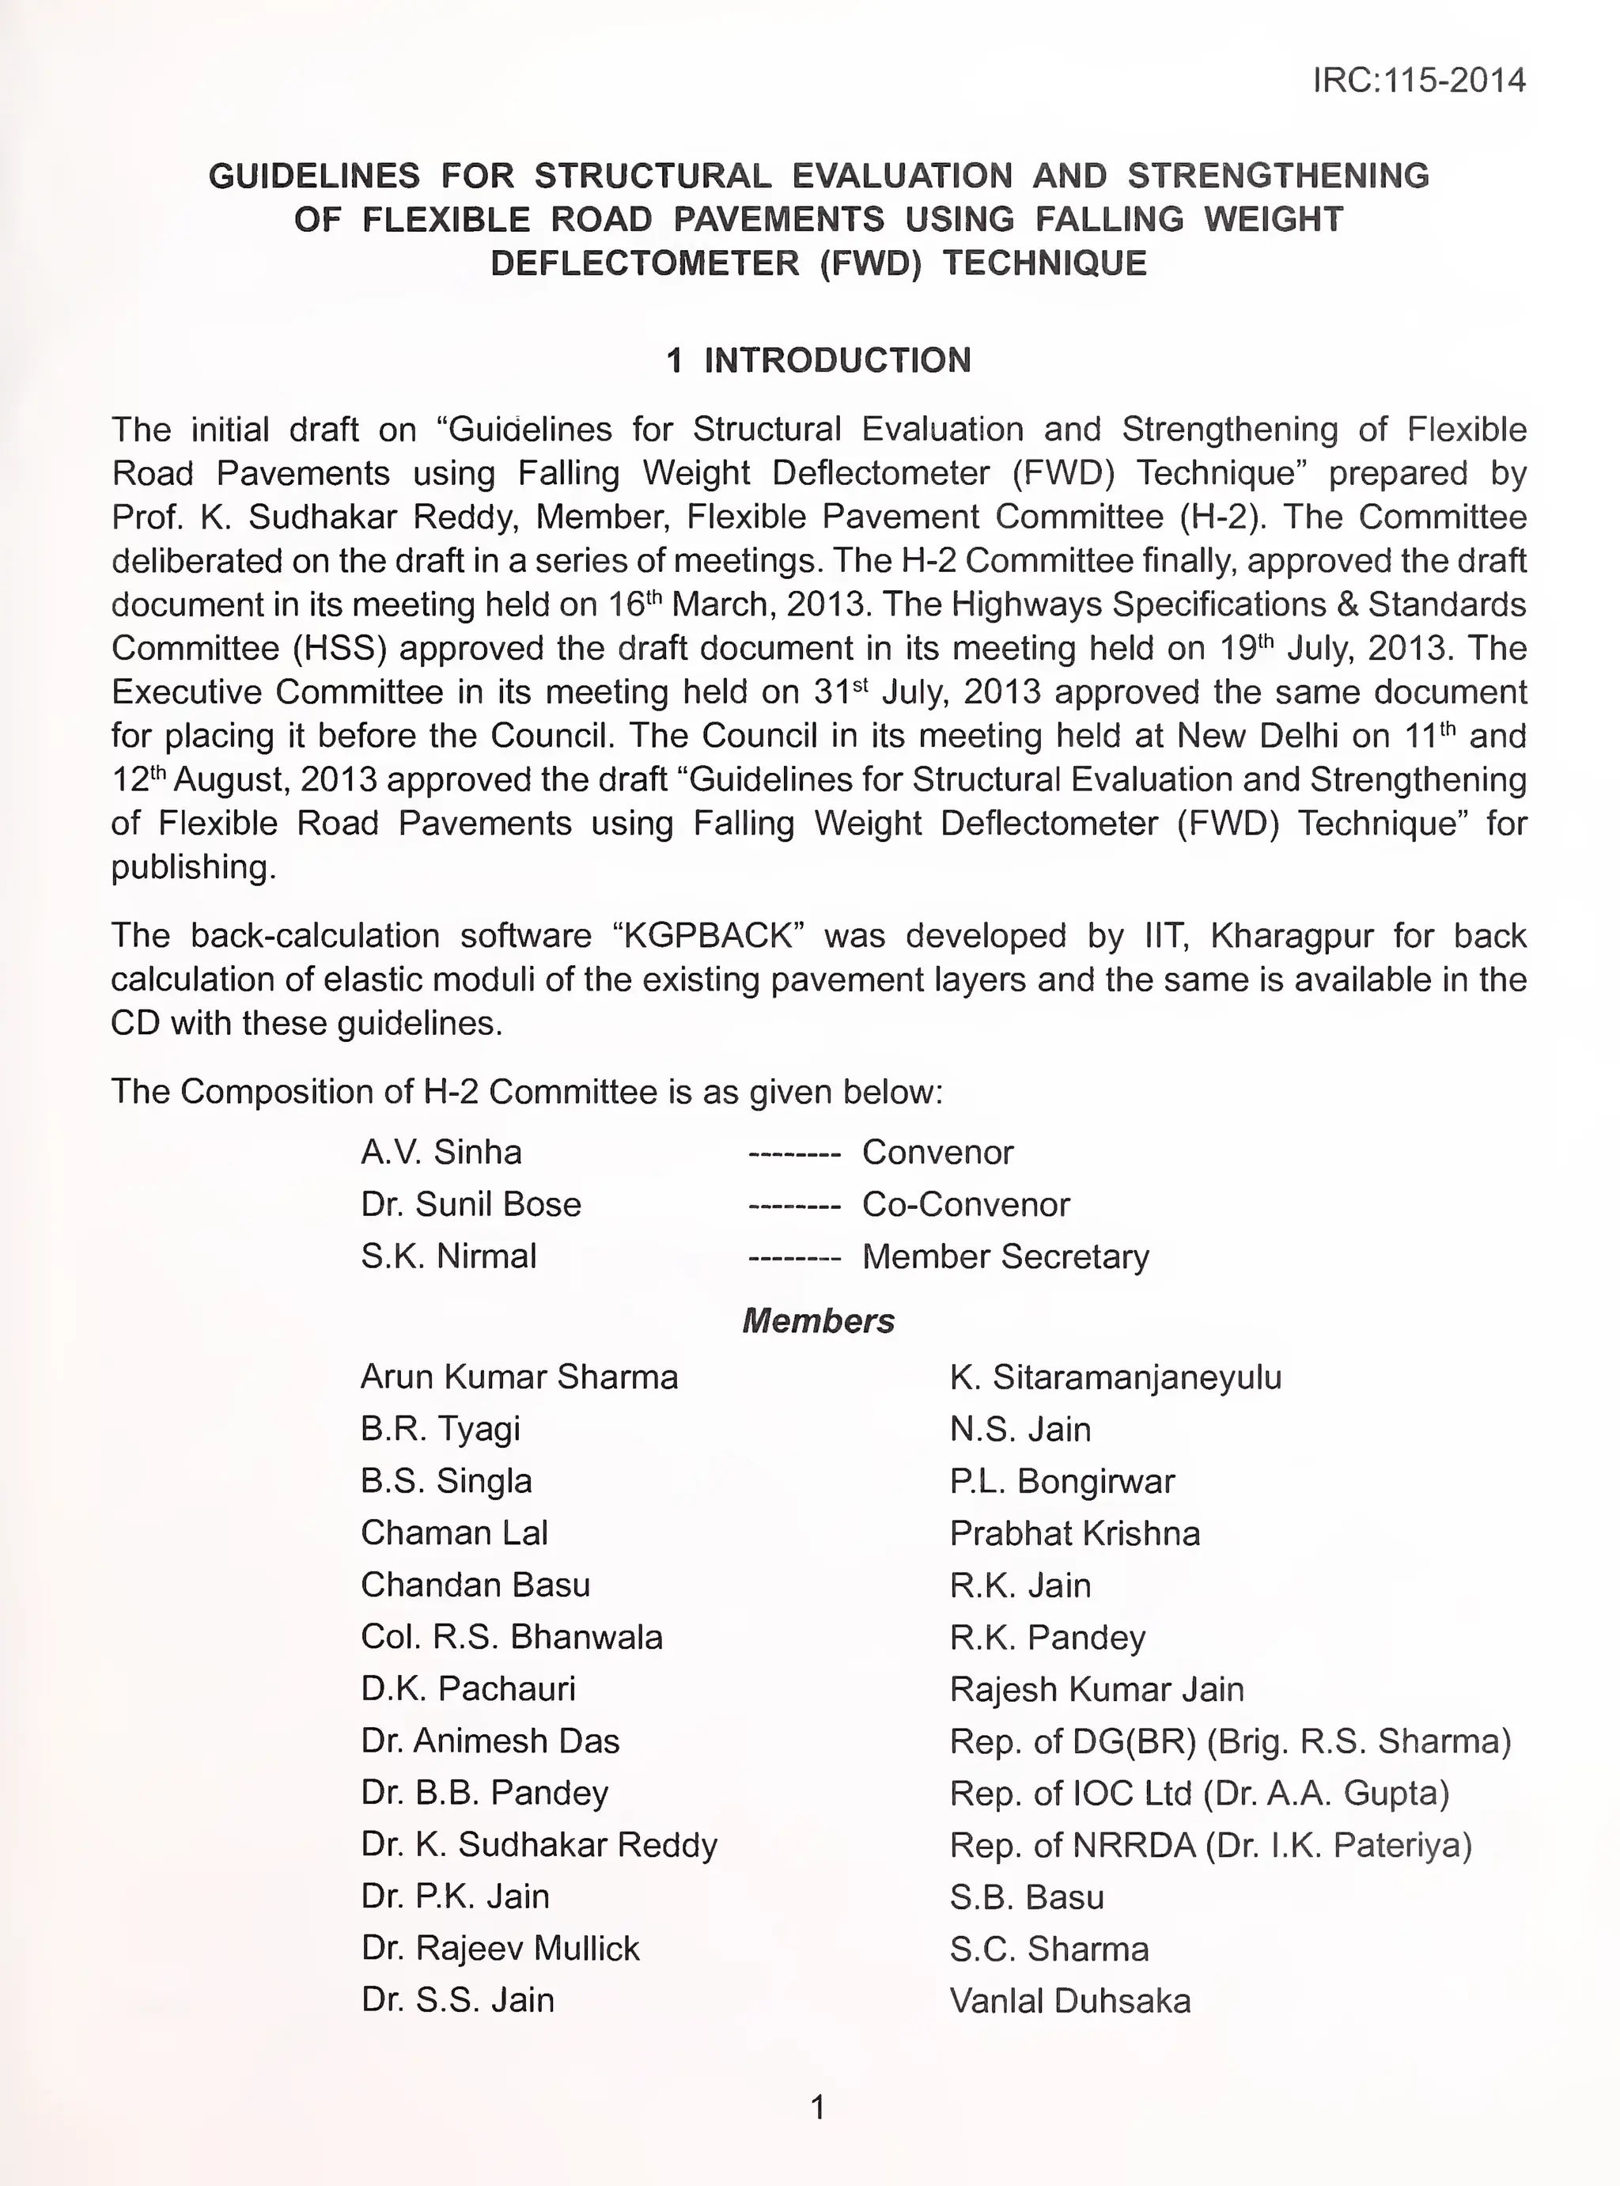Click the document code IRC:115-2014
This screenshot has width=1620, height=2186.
coord(1418,79)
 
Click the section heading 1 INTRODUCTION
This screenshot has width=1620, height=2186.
coord(818,360)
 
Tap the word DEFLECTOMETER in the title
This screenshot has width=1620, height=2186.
coord(644,263)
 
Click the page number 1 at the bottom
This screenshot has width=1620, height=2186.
coord(818,2107)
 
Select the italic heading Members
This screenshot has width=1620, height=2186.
coord(818,1321)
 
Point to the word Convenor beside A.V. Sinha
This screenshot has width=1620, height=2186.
coord(937,1152)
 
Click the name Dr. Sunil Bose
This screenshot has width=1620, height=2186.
coord(471,1204)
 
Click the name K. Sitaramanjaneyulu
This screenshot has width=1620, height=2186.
coord(1115,1377)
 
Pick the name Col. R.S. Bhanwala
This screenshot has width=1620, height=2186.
coord(511,1637)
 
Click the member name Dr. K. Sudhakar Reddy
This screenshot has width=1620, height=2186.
coord(539,1845)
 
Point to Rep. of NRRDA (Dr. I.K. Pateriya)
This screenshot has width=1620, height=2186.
coord(1210,1845)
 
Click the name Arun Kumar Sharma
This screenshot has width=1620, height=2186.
coord(519,1377)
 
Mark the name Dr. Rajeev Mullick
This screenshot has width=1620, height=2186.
coord(499,1948)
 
